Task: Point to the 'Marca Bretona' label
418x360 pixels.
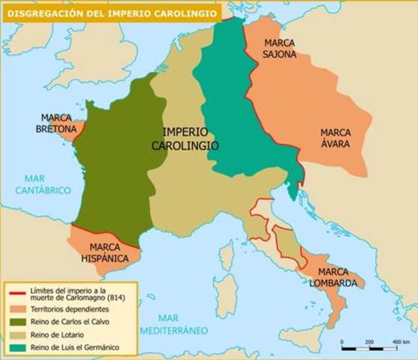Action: tap(58, 124)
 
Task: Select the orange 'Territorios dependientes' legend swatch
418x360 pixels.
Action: tap(17, 309)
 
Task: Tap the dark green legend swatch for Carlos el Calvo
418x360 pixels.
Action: tap(17, 322)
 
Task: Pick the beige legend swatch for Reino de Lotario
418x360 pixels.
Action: tap(17, 334)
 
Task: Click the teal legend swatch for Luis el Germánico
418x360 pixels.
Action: tap(17, 347)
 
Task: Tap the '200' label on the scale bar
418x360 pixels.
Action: tap(368, 321)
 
